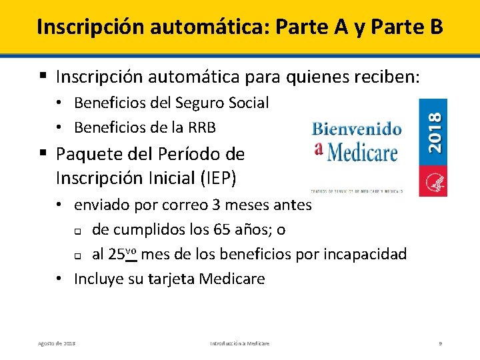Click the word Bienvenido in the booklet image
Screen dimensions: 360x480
[x=356, y=129]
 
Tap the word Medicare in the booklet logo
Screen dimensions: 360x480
[x=362, y=151]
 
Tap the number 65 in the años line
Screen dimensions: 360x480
[x=221, y=230]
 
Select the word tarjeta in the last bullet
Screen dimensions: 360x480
[x=180, y=278]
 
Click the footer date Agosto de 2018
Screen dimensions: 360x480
[x=57, y=343]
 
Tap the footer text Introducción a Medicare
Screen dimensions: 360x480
[x=240, y=343]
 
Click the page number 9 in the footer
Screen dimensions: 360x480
[x=440, y=343]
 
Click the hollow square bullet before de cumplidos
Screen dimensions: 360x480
[x=77, y=231]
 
